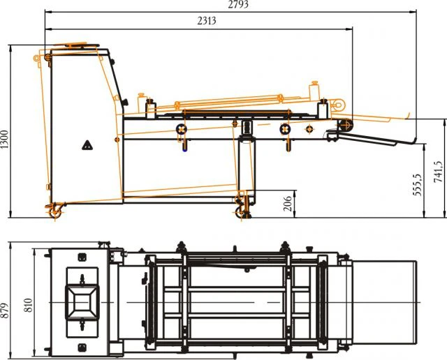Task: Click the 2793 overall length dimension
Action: point(238,4)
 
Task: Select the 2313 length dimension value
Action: point(207,21)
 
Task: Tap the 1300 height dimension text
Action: point(4,140)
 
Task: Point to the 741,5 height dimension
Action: point(438,172)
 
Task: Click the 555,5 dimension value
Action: point(417,184)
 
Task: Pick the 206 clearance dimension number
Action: point(288,204)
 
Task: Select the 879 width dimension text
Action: point(4,310)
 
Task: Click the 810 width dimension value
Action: point(28,305)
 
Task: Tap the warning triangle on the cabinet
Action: point(87,145)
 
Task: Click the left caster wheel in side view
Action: point(54,213)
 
